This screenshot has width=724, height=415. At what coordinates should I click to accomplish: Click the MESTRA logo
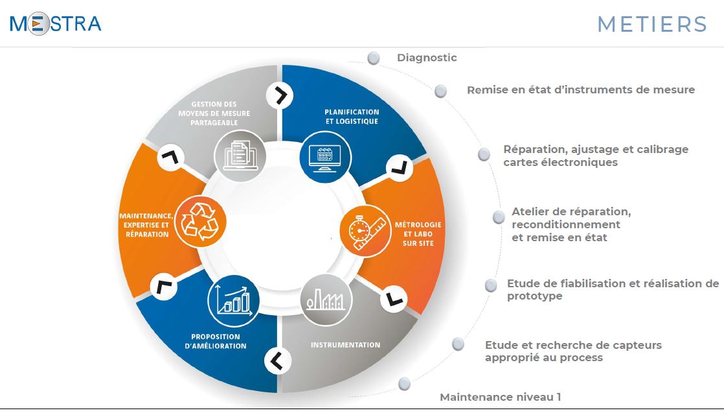tap(56, 23)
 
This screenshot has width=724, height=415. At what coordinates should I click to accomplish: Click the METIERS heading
tap(652, 25)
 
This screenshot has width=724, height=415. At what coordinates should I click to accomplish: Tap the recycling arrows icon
tap(200, 221)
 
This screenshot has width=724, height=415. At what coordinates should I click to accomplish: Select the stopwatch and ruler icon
tap(366, 231)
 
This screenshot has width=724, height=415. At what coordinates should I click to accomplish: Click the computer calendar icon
tap(325, 157)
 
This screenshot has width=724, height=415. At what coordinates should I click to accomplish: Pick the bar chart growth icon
tap(234, 301)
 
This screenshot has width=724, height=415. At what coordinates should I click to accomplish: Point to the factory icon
tap(326, 300)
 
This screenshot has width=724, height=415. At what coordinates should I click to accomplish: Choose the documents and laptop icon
tap(240, 156)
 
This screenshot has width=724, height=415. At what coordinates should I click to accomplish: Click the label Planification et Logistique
tap(352, 117)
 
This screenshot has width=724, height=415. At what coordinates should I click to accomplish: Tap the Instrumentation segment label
tap(345, 345)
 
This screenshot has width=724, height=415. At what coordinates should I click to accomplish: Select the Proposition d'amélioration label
tap(216, 341)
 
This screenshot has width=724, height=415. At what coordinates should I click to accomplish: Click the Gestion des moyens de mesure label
tap(214, 113)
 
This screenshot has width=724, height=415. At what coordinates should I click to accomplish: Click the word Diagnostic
tap(427, 58)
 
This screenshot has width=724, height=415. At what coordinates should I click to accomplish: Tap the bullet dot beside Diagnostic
tap(374, 58)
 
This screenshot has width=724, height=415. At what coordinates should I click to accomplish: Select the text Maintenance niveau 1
tap(500, 397)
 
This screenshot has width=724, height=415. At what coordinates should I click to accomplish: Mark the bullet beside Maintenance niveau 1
tap(405, 384)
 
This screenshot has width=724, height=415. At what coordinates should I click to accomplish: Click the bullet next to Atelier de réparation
tap(499, 217)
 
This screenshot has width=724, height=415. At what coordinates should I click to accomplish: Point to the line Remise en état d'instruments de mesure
tap(581, 89)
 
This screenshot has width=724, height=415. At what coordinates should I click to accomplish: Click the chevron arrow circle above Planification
tap(279, 96)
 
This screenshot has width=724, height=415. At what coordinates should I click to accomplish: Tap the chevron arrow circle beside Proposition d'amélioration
tap(278, 361)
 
